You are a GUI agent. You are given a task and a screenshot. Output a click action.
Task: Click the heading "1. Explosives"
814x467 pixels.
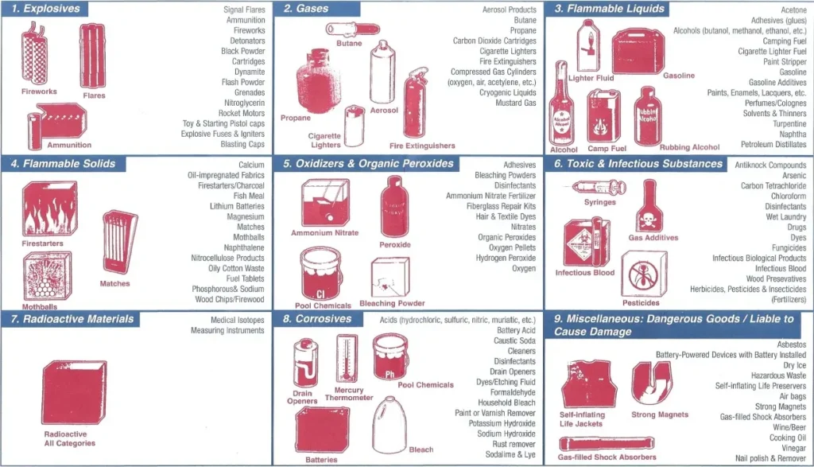pos(45,9)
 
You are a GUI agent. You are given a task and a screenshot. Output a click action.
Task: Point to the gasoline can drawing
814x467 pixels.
pos(638,52)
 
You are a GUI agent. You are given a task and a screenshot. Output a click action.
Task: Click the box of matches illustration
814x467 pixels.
pos(119,242)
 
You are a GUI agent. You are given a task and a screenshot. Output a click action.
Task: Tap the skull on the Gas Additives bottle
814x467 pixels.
pos(647,221)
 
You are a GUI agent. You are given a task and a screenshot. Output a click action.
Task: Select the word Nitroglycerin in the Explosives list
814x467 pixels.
pos(245,103)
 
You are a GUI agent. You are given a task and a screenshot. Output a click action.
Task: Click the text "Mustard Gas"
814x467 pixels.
pos(515,103)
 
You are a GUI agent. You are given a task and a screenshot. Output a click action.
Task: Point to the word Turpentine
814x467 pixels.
pos(789,123)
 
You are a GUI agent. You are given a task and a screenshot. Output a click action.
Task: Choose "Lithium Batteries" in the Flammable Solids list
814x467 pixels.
pos(237,206)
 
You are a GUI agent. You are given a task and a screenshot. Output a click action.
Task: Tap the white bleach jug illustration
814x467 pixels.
pos(390,425)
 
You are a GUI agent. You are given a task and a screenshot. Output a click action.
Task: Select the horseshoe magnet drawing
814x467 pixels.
pos(652,381)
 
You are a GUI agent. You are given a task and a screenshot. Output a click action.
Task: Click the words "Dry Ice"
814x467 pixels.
pos(794,365)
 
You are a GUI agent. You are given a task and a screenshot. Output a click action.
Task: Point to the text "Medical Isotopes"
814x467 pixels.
pos(237,320)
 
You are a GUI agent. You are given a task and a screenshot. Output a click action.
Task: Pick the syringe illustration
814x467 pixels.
pos(599,188)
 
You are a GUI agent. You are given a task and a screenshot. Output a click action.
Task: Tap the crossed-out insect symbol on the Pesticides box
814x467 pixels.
pos(643,275)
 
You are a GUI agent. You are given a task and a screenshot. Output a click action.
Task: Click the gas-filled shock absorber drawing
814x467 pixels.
pos(607,444)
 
